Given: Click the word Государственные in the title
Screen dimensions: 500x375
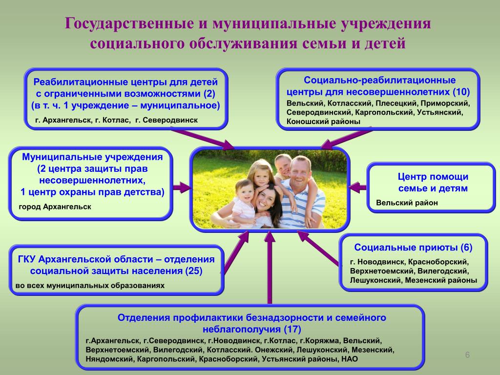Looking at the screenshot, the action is point(129,23).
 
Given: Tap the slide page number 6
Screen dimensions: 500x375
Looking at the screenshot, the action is point(467,355).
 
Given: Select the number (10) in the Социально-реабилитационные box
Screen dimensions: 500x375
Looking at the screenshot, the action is point(461,92).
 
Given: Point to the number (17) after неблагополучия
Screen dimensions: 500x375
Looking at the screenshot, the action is point(292,329).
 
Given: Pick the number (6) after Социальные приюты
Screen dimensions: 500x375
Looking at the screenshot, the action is point(466,248).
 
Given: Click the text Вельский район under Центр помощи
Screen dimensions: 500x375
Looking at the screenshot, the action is point(407,203).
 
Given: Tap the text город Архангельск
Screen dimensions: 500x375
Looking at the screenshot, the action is point(55,207).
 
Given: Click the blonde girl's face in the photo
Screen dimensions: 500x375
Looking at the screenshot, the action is point(261,175).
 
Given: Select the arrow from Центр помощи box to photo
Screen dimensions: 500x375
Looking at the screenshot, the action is point(358,187).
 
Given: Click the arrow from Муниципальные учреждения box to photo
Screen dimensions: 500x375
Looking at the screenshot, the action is point(182,187).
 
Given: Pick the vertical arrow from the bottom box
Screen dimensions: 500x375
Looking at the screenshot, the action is point(270,267).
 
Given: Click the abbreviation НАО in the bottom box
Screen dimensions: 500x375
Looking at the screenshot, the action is point(350,359).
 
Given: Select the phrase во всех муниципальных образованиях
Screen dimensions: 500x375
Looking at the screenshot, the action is point(90,286).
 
